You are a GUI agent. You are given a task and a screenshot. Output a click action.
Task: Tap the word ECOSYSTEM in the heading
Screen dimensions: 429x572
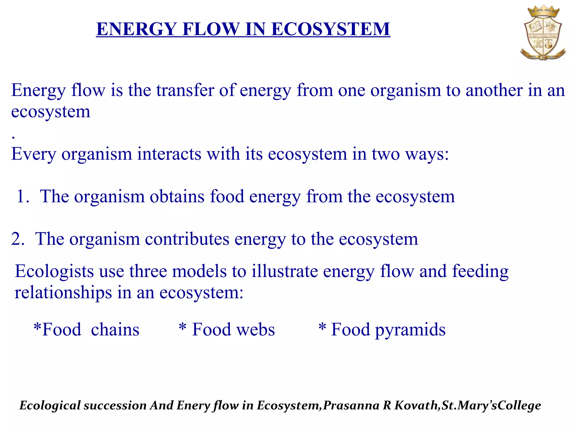(330, 29)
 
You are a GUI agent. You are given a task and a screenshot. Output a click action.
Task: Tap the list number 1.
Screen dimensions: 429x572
(22, 196)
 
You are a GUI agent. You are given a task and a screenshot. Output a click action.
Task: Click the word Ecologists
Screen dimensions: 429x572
(54, 271)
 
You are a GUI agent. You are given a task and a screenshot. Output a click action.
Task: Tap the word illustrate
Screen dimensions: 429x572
(284, 271)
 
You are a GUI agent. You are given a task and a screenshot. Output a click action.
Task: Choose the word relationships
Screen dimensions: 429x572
(63, 293)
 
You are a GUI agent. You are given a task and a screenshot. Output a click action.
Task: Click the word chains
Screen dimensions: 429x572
(115, 330)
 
